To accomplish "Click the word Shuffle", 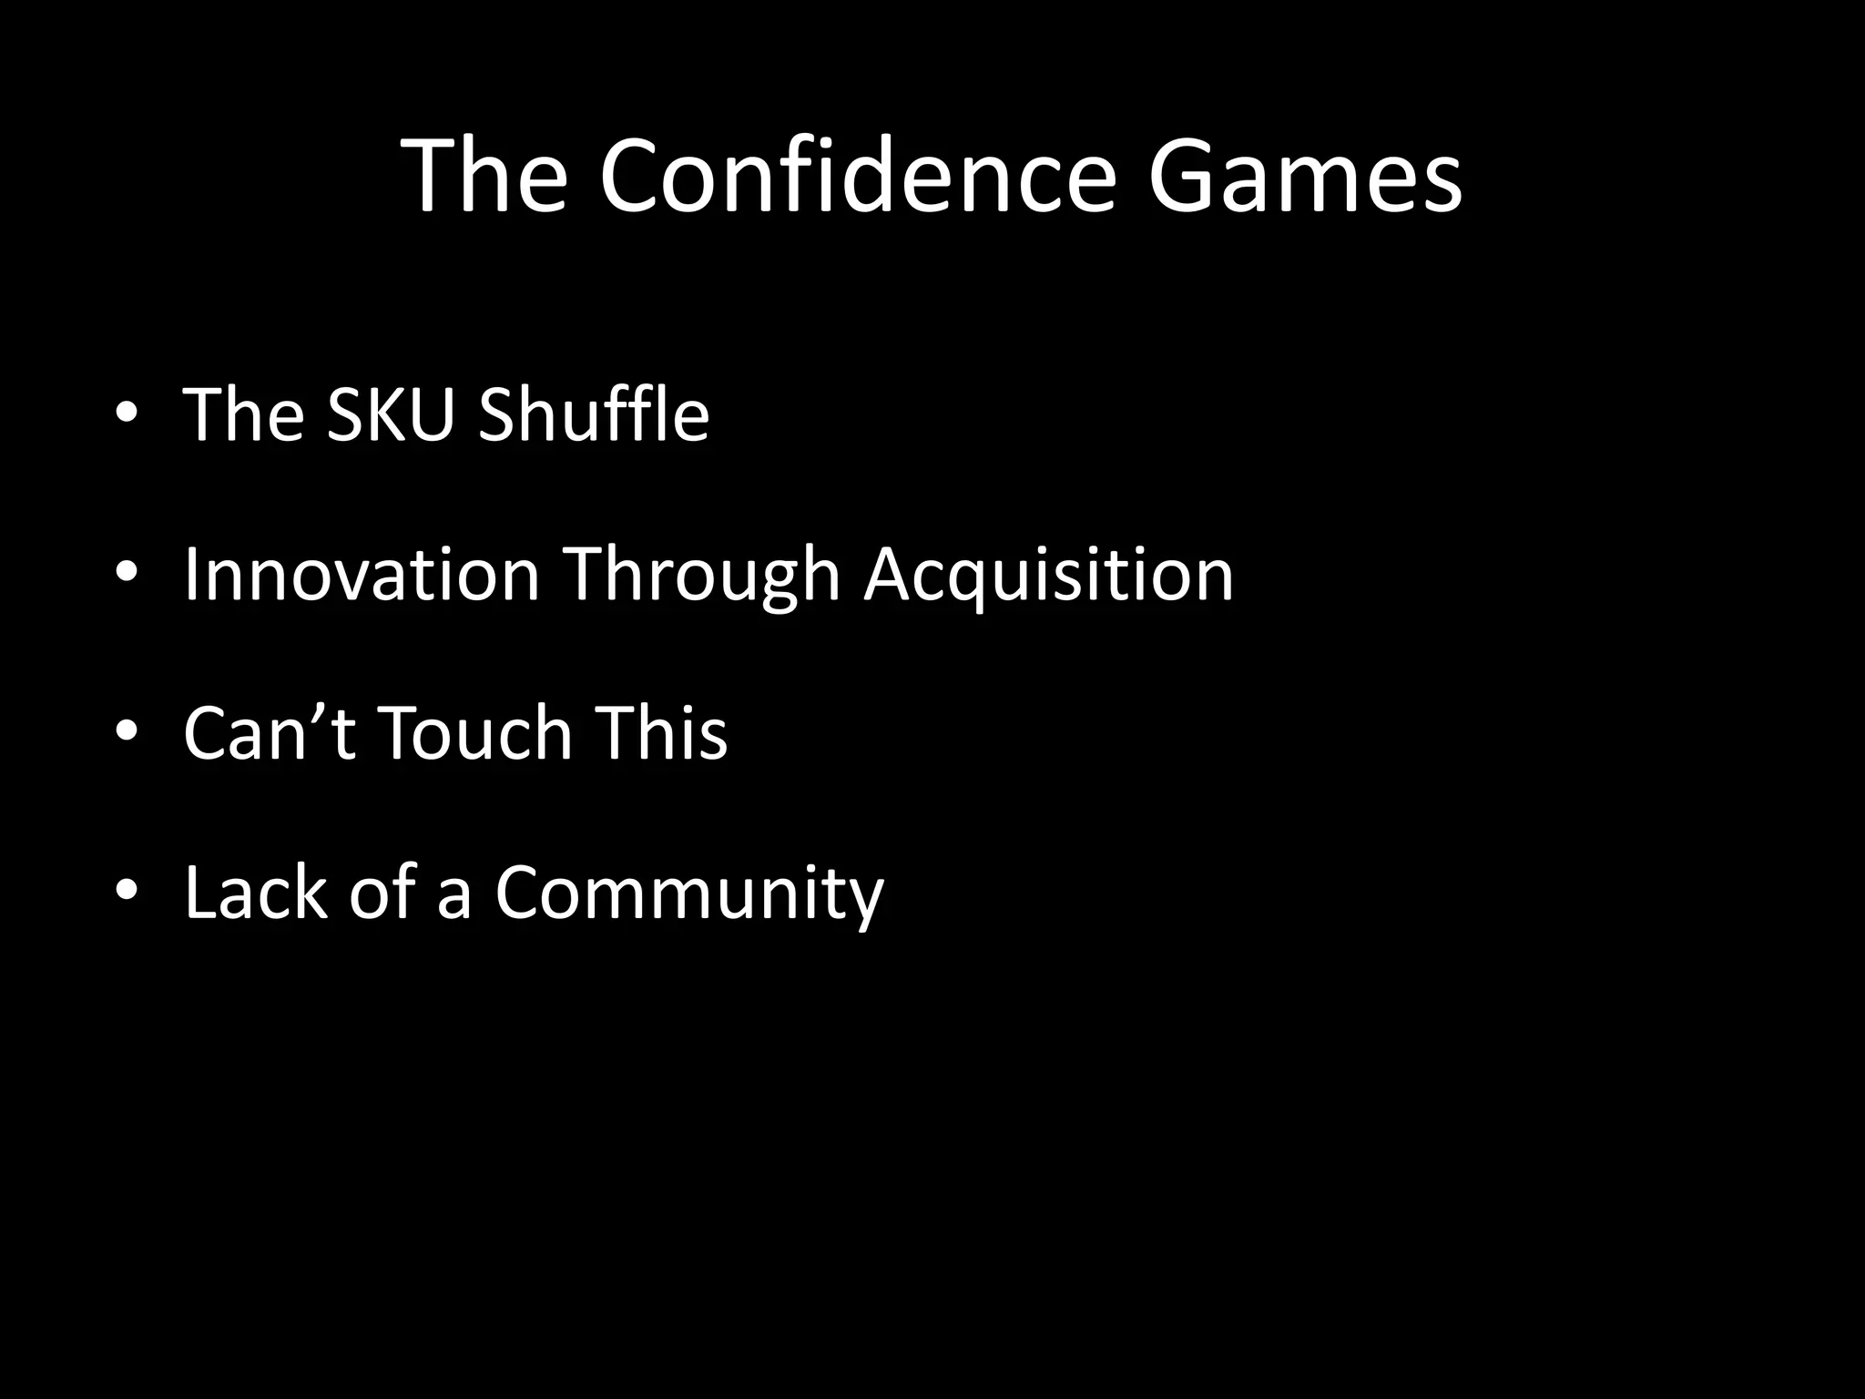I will [593, 414].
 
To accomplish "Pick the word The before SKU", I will [243, 414].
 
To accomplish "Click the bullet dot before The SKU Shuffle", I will [127, 415].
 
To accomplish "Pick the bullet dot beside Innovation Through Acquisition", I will [127, 574].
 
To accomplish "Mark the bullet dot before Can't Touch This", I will [127, 732].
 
